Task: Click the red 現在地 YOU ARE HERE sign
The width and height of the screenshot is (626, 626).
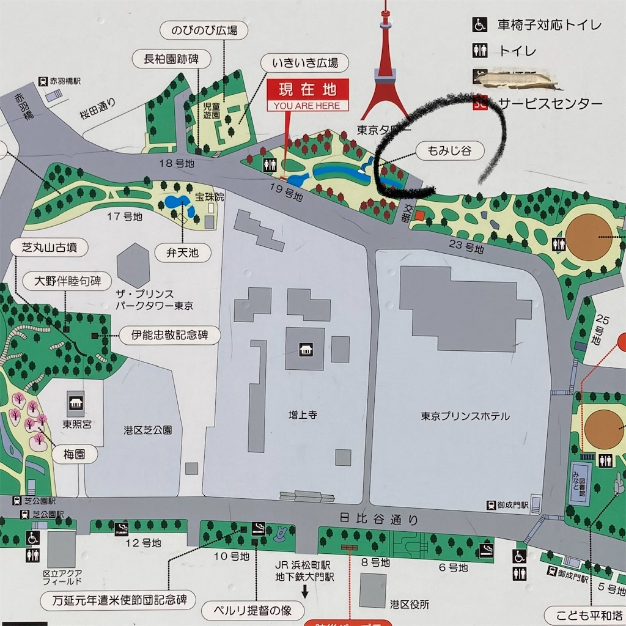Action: [307, 95]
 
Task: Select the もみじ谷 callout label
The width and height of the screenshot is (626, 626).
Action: [449, 150]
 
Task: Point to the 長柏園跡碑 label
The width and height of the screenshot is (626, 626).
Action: [172, 59]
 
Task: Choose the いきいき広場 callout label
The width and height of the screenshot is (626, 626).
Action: [305, 62]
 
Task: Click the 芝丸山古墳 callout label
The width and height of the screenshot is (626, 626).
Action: [50, 248]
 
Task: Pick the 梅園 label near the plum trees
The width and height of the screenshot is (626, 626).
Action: [73, 454]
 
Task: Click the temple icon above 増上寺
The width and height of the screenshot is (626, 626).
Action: [304, 349]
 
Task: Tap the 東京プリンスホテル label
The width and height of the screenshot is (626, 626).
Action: [465, 416]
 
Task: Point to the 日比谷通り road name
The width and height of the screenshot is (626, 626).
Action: [379, 519]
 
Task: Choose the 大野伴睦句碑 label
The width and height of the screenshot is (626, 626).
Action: [64, 282]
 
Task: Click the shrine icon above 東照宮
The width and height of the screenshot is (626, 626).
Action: [75, 402]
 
